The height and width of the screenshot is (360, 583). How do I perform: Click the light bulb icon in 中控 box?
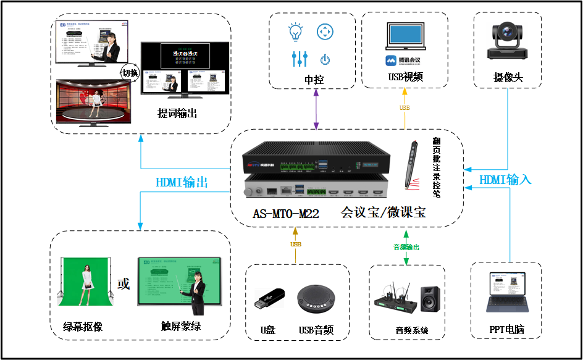(x=296, y=31)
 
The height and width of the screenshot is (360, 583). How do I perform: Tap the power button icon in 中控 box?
(x=325, y=60)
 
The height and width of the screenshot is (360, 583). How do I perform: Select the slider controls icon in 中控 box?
(x=299, y=59)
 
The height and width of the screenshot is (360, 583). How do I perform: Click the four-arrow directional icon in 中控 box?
(x=325, y=31)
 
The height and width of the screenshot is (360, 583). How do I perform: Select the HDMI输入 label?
(x=505, y=180)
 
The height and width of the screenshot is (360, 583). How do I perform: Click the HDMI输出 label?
(x=182, y=183)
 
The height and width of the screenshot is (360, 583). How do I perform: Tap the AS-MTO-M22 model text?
(x=285, y=214)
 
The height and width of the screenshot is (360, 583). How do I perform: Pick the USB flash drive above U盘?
(x=270, y=301)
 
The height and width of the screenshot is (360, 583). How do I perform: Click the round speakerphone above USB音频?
(x=316, y=301)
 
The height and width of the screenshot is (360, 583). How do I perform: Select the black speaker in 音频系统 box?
(x=430, y=299)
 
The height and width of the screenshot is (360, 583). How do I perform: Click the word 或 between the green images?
(x=124, y=284)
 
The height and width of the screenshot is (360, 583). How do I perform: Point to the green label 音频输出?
(x=406, y=247)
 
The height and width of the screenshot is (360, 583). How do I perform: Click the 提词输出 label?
(x=177, y=114)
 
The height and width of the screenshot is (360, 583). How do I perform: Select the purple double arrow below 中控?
(x=316, y=109)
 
